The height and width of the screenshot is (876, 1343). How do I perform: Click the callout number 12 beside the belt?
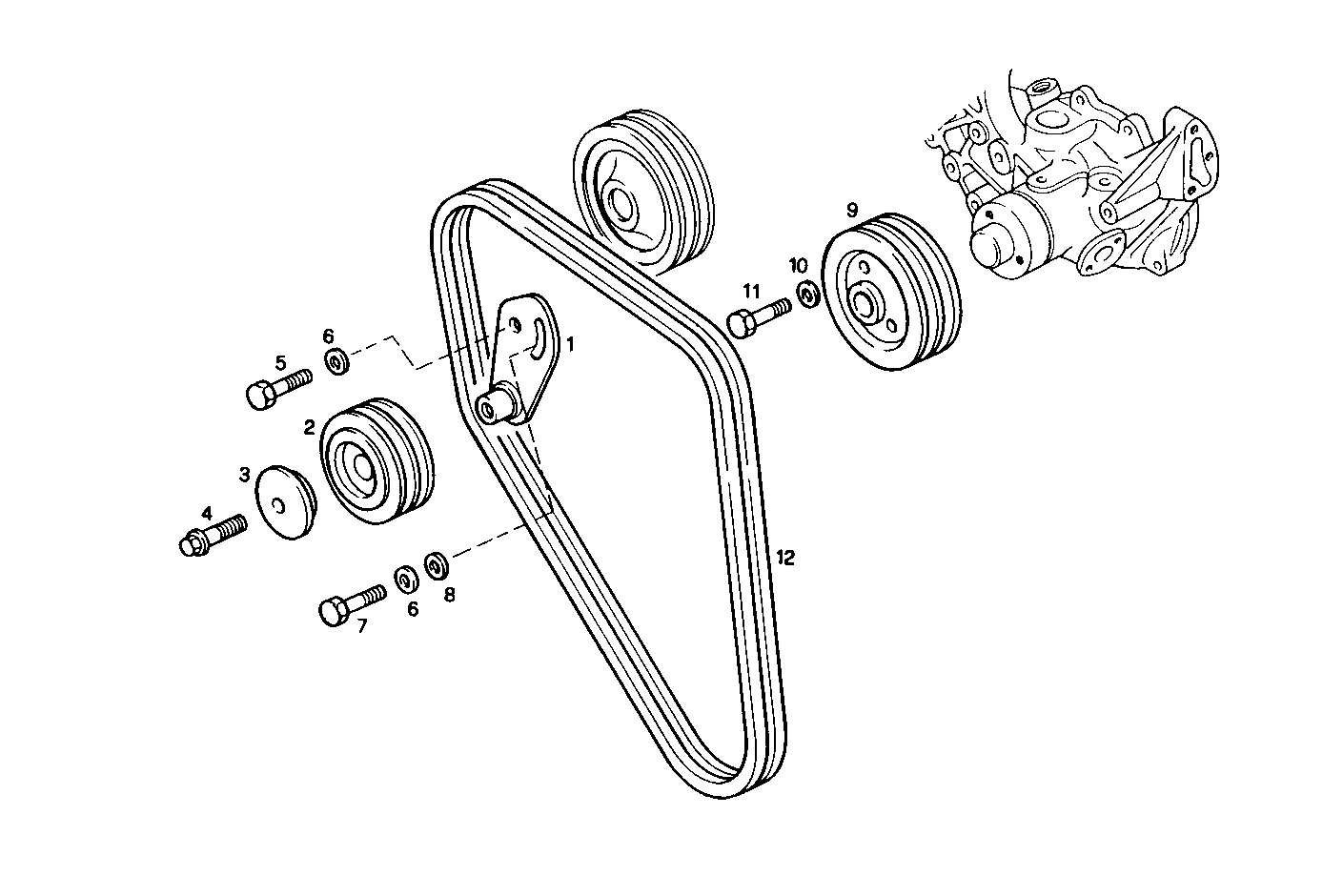pyautogui.click(x=784, y=558)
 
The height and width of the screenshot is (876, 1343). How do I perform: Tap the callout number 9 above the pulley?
pyautogui.click(x=851, y=209)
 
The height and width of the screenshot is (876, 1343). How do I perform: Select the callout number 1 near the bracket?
pyautogui.click(x=570, y=344)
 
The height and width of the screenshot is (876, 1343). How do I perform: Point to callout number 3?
pyautogui.click(x=245, y=474)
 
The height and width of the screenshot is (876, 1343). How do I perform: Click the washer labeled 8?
pyautogui.click(x=437, y=563)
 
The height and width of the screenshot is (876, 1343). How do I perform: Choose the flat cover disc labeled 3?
pyautogui.click(x=286, y=502)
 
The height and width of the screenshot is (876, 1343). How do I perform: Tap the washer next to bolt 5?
pyautogui.click(x=336, y=361)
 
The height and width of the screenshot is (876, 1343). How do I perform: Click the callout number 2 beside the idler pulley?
pyautogui.click(x=310, y=428)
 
